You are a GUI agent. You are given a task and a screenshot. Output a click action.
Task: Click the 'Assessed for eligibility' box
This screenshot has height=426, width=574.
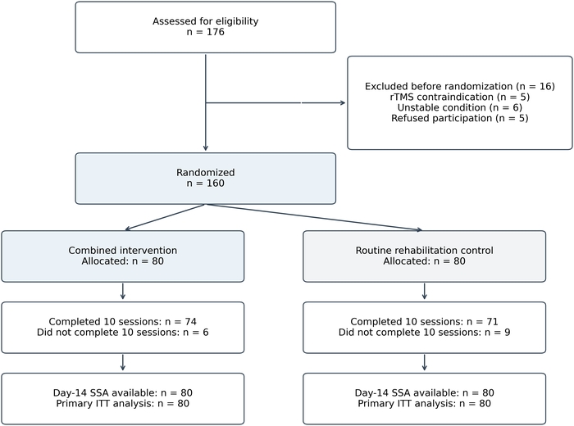click(x=205, y=27)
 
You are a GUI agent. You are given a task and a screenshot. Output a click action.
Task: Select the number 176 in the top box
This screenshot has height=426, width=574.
click(x=215, y=32)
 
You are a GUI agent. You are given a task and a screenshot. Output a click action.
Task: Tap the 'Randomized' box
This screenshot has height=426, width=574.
click(x=205, y=179)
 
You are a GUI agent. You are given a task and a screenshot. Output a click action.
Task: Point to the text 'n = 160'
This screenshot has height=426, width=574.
click(x=205, y=184)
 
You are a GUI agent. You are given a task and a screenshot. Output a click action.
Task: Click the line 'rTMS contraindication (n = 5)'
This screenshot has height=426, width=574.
click(x=460, y=97)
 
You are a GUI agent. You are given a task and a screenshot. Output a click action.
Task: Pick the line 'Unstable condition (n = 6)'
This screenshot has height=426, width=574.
click(x=460, y=107)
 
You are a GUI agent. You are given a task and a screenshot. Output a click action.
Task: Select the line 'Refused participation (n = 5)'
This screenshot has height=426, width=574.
click(x=460, y=118)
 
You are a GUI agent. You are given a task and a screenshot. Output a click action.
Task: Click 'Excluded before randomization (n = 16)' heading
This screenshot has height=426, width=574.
click(x=460, y=86)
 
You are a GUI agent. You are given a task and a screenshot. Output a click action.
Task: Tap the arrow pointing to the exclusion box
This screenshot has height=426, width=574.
click(x=276, y=102)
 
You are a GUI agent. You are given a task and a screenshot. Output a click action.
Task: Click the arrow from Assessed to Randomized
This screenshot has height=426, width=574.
click(x=205, y=102)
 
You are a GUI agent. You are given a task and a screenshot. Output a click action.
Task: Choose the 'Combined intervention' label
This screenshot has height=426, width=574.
click(x=123, y=251)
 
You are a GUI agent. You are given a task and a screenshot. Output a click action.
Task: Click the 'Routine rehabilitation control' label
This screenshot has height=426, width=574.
click(x=424, y=251)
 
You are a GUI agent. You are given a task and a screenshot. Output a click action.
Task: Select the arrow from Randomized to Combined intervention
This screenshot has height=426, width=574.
click(x=165, y=217)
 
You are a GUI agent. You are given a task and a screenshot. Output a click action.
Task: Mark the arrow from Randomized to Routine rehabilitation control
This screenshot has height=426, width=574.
click(x=314, y=217)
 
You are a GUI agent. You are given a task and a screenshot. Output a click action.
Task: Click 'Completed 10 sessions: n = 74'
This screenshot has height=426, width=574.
click(x=123, y=322)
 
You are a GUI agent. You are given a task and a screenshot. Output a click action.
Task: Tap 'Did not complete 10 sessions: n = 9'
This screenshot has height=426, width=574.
click(x=424, y=333)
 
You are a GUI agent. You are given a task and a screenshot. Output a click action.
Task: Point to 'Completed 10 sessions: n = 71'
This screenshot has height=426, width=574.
click(x=424, y=322)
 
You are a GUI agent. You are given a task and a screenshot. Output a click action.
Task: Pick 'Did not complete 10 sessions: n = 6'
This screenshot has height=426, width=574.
click(x=123, y=333)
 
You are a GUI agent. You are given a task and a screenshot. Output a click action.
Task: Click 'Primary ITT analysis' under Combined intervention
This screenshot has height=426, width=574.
click(x=105, y=404)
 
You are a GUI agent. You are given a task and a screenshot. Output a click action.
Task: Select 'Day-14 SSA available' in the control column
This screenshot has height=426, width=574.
click(x=407, y=392)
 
